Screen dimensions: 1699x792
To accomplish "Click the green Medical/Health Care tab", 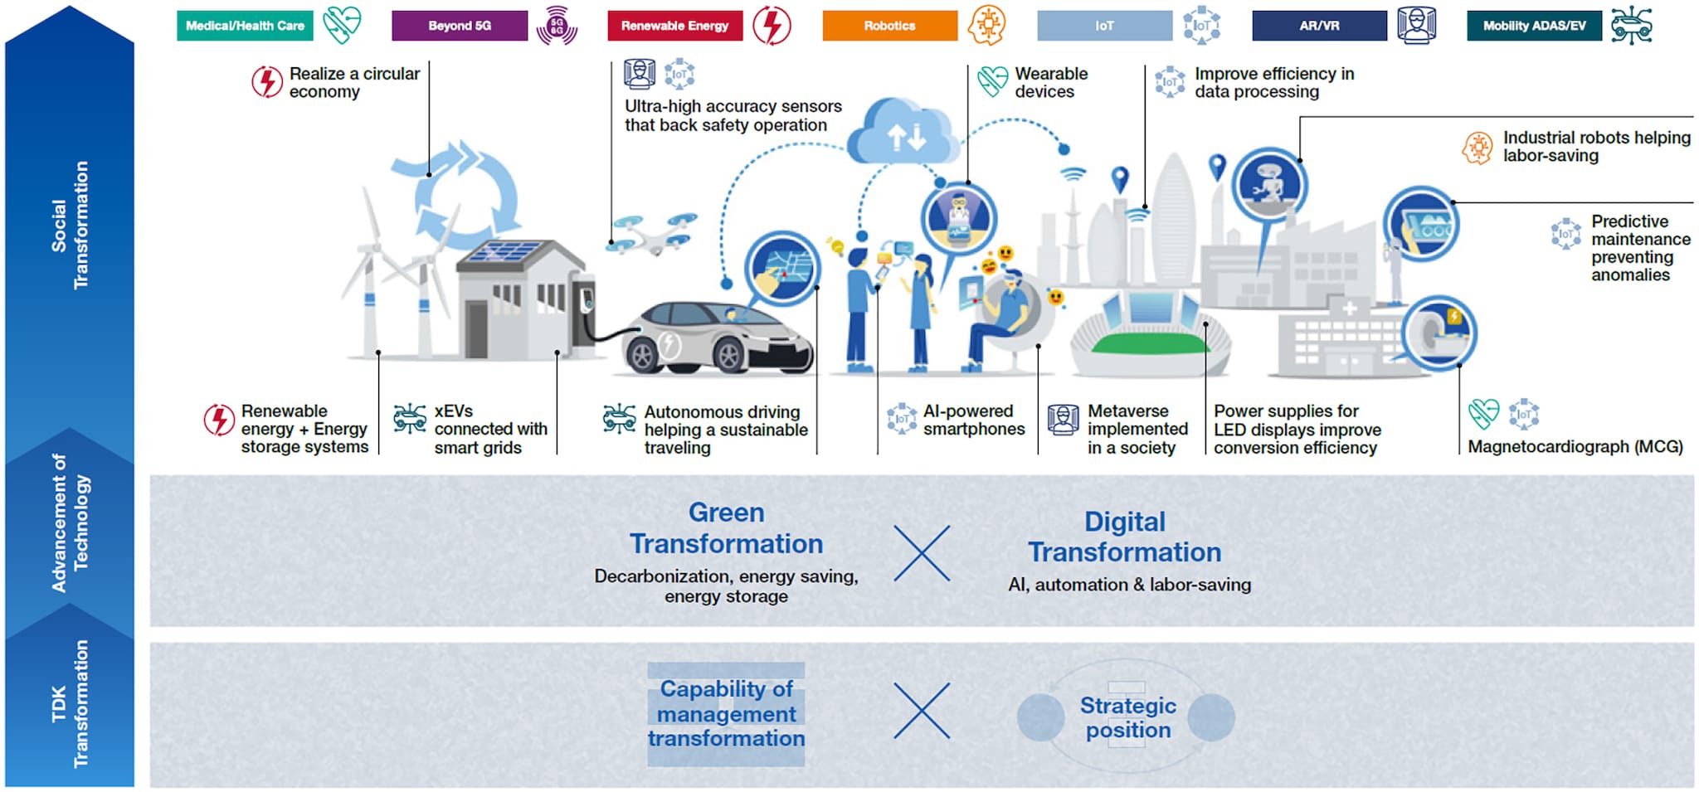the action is coord(245,26).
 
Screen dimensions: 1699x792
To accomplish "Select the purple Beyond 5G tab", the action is coord(460,26).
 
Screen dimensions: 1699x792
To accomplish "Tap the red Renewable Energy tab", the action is coord(674,26).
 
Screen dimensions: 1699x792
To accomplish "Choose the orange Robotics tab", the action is coord(889,26).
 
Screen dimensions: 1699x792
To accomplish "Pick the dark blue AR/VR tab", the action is coord(1319,26).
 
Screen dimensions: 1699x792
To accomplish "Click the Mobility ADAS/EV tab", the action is coord(1534,26).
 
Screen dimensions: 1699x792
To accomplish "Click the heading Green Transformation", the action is coord(726,528).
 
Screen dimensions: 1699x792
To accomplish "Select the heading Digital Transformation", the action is coord(1125,537).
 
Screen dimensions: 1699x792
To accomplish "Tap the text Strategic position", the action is coord(1128,717).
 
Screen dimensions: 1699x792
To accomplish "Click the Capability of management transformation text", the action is coord(726,713).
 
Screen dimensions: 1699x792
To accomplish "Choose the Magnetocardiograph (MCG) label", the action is coord(1575,447).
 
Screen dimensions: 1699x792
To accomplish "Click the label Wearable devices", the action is coord(1051,83).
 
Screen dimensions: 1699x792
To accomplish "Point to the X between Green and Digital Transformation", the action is coord(922,553).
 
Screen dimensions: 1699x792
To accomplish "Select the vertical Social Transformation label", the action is coord(70,225).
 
